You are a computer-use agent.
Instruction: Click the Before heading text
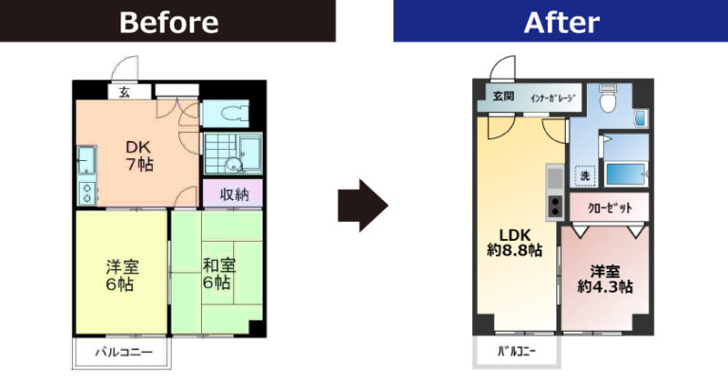tap(169, 23)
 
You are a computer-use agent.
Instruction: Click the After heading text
tap(561, 23)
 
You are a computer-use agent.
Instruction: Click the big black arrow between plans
tap(363, 206)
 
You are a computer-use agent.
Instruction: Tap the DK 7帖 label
tap(139, 156)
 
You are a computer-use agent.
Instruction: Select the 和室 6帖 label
tap(219, 274)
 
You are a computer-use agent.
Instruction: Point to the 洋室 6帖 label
tap(122, 275)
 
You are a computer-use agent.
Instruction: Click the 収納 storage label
tap(234, 194)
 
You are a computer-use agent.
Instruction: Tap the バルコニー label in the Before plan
tap(123, 353)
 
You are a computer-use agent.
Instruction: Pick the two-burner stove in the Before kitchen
tap(87, 193)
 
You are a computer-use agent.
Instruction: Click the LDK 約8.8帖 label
tap(515, 243)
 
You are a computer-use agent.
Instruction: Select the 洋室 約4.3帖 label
tap(605, 279)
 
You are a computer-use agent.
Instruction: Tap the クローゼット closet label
tap(610, 208)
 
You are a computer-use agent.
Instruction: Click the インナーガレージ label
tap(553, 98)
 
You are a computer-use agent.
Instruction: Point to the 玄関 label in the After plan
tap(503, 97)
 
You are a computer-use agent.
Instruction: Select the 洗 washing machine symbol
tap(585, 175)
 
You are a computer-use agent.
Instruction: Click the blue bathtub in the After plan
tap(625, 174)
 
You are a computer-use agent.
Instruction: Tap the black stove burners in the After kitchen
tap(555, 207)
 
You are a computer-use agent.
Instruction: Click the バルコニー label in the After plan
tap(517, 352)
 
